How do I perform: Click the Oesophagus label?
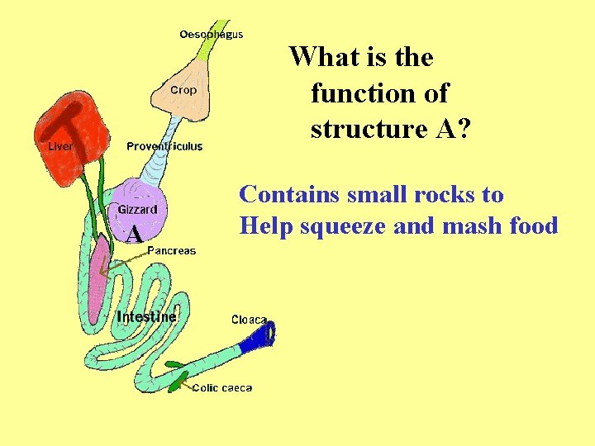[x=211, y=35]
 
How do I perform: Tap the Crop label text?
[x=183, y=90]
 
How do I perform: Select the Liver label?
[x=60, y=147]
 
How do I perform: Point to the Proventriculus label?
[x=164, y=147]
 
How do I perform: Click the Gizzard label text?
[x=138, y=210]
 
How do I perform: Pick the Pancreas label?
[x=171, y=250]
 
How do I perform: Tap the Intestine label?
[x=146, y=317]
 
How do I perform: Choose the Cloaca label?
[x=249, y=320]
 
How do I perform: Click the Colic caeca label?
[x=222, y=387]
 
